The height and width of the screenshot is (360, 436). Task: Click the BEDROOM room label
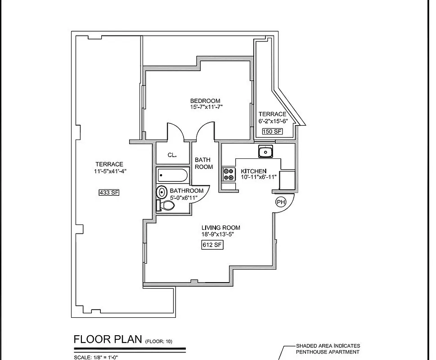[205, 100]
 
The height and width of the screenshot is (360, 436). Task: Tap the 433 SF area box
[108, 193]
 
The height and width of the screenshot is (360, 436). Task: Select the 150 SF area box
[272, 131]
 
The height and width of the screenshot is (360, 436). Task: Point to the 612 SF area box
[212, 245]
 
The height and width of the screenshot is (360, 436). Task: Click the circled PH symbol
[281, 202]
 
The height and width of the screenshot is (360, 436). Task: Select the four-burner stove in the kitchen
[229, 174]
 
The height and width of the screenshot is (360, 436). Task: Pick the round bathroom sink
[162, 193]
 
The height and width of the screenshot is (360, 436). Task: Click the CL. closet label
[172, 155]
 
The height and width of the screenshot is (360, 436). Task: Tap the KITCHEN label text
[254, 171]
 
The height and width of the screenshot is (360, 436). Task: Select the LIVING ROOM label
[220, 228]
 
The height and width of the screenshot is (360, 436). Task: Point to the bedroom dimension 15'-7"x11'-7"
[206, 107]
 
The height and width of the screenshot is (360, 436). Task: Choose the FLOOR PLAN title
[108, 339]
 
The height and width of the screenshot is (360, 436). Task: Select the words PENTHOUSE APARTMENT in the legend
[328, 352]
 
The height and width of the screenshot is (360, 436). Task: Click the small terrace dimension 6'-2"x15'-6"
[273, 121]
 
